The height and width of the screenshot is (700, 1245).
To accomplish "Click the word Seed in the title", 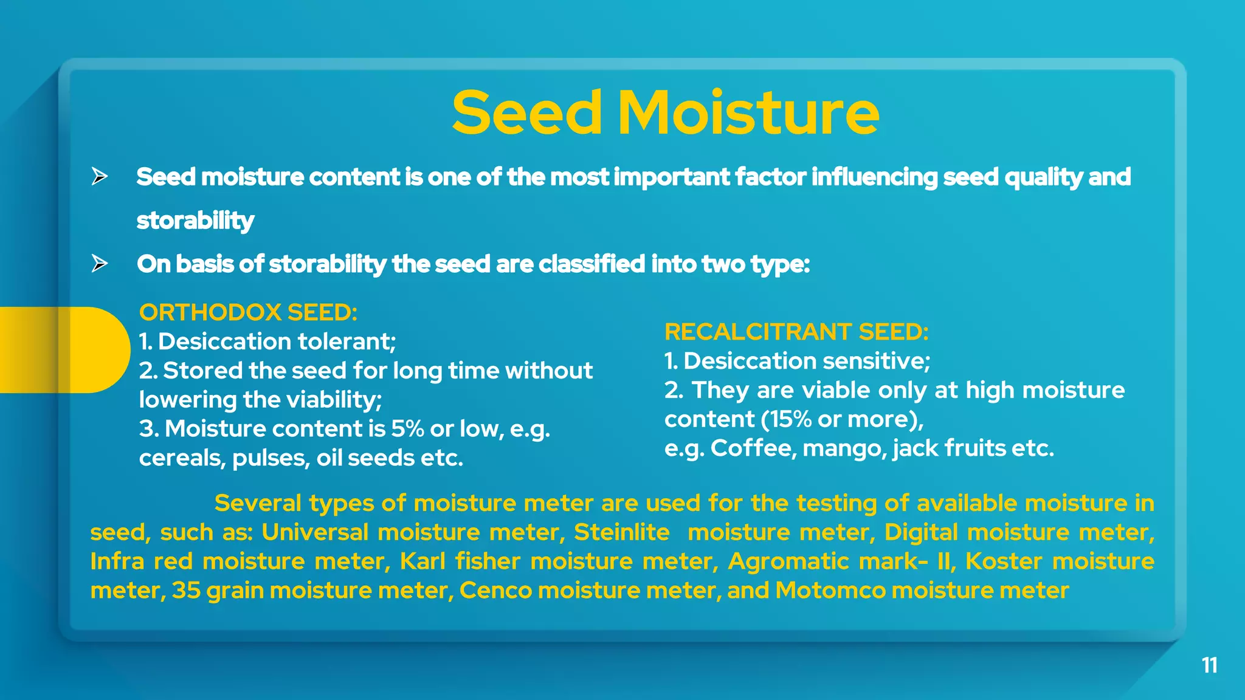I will click(526, 113).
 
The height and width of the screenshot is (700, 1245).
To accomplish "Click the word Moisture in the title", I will click(748, 113).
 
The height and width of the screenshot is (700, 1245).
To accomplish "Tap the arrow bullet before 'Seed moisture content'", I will click(100, 177).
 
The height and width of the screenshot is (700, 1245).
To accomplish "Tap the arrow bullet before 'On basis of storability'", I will click(100, 264).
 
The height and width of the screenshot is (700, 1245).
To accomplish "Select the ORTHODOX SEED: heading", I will click(248, 312).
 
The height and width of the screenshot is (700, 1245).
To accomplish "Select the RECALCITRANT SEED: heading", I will click(796, 332).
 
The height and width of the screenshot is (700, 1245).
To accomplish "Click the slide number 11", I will click(1209, 665).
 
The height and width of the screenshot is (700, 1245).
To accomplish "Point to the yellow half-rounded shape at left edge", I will click(61, 350).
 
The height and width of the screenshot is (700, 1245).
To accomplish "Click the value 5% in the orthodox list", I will click(407, 429).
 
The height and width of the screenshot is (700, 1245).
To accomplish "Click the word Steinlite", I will click(621, 532).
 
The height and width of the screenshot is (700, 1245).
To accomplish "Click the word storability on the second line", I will click(195, 221).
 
